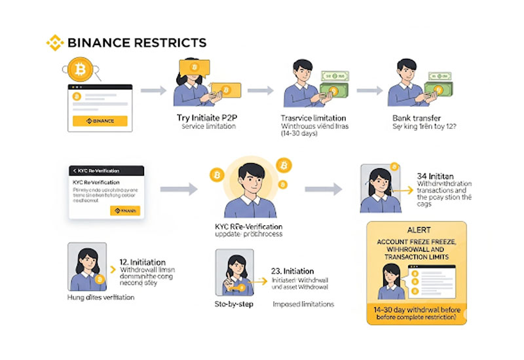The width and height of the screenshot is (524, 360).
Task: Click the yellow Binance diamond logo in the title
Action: click(x=55, y=43)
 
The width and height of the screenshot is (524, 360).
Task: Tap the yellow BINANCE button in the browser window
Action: click(x=100, y=121)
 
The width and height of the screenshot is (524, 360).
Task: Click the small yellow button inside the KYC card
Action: click(x=124, y=210)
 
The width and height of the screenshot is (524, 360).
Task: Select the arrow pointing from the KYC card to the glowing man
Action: click(x=179, y=189)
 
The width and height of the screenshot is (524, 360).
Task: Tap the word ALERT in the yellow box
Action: click(x=415, y=230)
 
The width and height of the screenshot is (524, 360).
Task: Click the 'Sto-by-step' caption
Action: click(x=234, y=304)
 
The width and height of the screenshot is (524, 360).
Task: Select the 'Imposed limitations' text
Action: click(x=303, y=304)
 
